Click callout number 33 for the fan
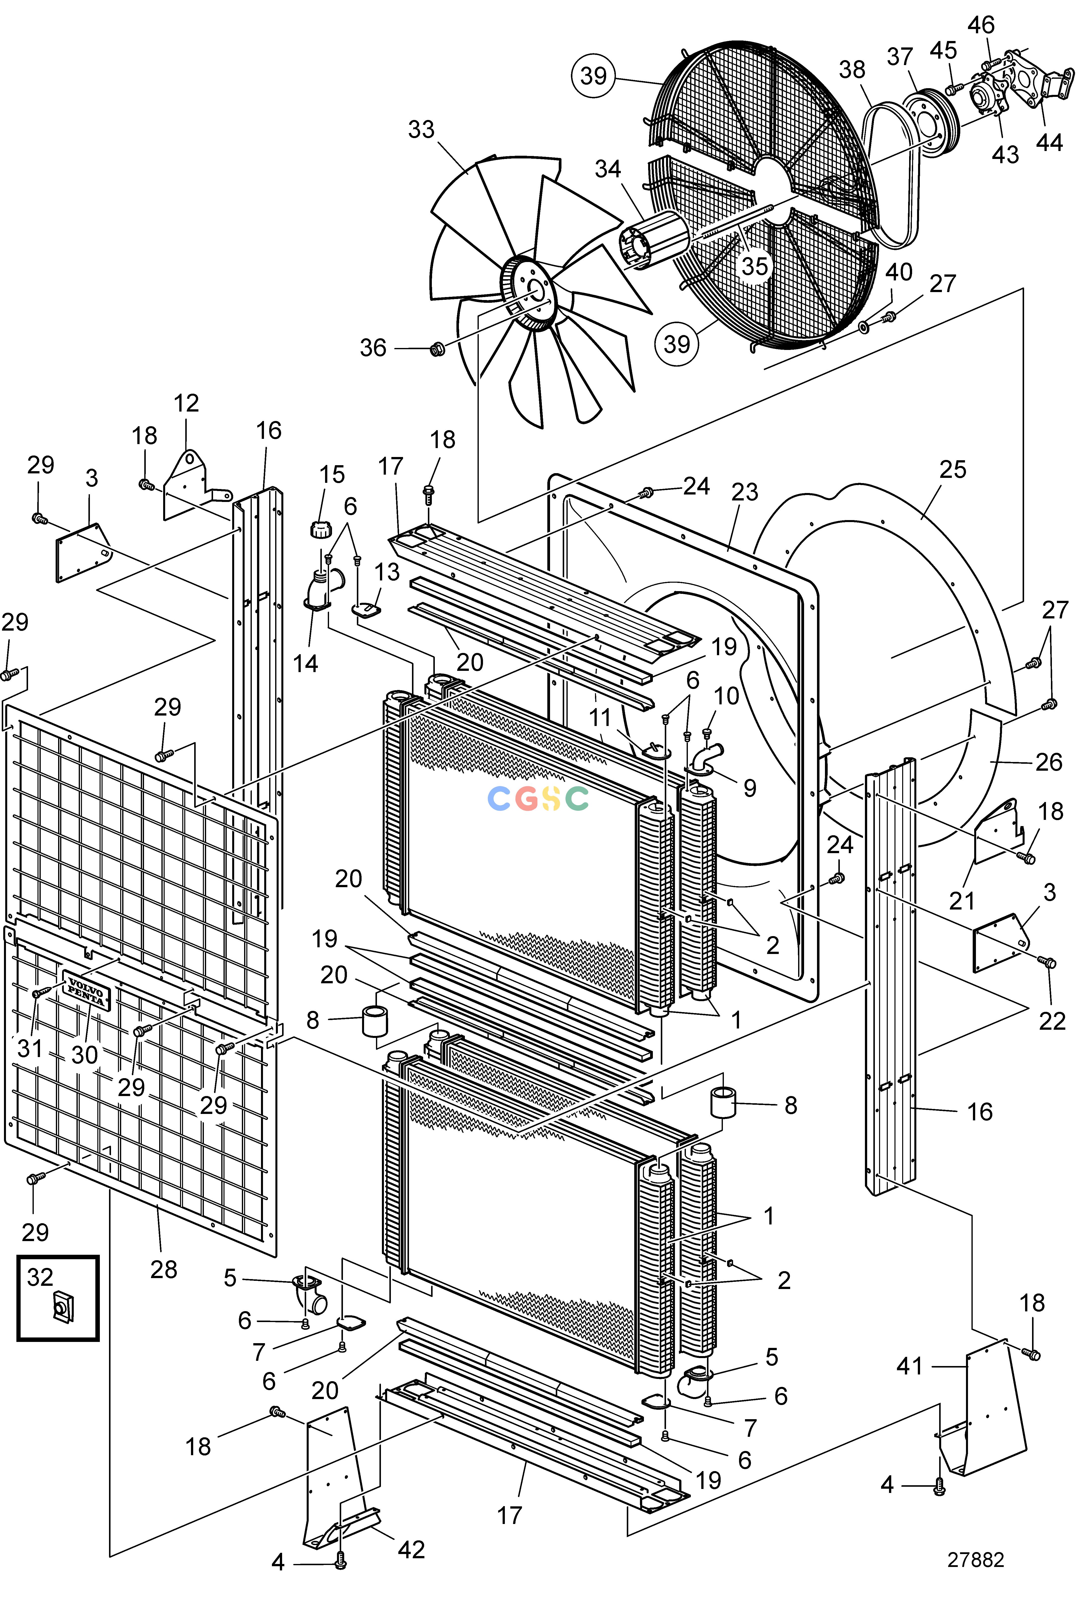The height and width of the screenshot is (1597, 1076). click(421, 129)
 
